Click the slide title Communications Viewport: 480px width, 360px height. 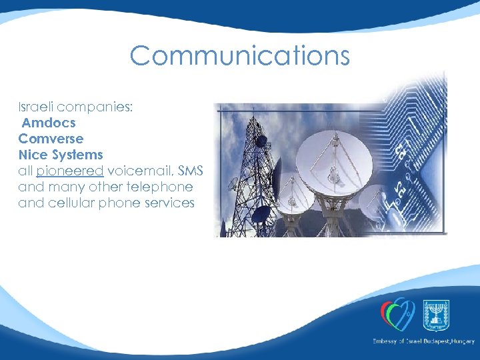tap(239, 55)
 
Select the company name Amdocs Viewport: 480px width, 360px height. tap(49, 123)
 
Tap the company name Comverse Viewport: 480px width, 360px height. tap(51, 139)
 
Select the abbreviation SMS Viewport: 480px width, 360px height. tap(191, 171)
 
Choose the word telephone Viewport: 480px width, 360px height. tap(161, 187)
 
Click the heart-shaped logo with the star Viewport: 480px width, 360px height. tap(398, 313)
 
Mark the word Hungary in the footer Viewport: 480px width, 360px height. tap(460, 341)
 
